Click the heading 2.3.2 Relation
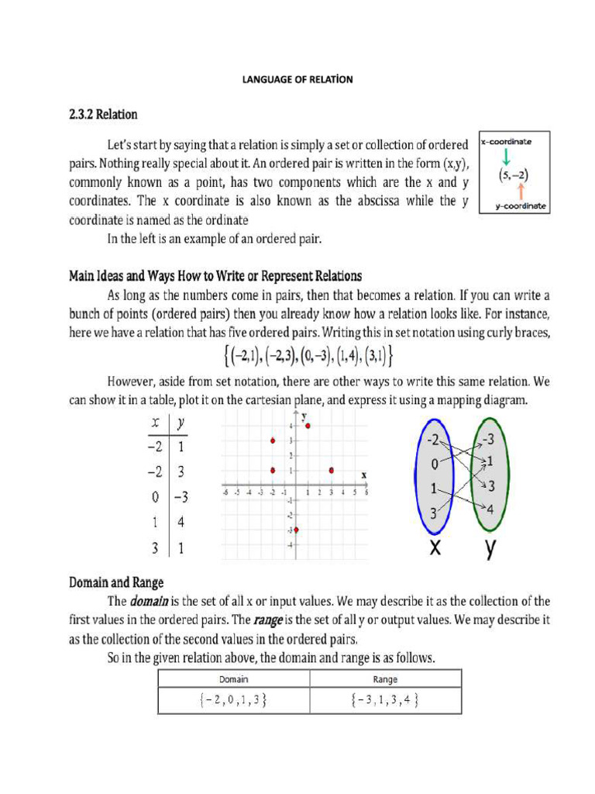[103, 115]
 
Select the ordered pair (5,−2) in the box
[513, 174]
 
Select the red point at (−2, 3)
[273, 441]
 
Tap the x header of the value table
[156, 423]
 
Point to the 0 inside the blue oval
[435, 464]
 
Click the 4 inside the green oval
[489, 509]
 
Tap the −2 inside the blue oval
[436, 440]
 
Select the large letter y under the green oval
[490, 549]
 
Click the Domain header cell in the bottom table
[233, 679]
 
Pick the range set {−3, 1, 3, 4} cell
[384, 700]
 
